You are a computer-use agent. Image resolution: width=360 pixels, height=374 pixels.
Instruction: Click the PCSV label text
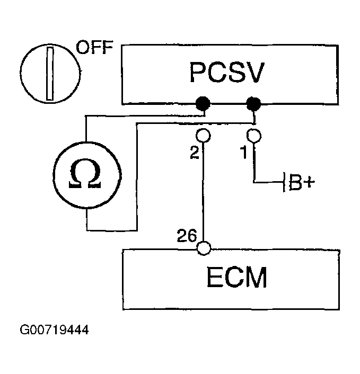pos(227,73)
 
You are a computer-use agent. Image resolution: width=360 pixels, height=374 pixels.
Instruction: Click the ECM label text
pos(236,278)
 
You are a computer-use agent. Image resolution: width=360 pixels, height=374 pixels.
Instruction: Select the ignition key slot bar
pos(50,74)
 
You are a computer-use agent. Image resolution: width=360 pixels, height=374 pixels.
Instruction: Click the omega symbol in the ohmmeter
pos(85,173)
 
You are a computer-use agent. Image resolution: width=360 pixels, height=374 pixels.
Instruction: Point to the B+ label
pos(302,183)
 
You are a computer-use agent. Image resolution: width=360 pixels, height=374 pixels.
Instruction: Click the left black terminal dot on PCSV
pos(203,104)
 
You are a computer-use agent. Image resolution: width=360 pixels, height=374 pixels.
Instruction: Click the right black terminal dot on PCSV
pos(253,104)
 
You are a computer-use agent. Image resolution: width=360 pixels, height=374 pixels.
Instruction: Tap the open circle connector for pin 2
pos(203,136)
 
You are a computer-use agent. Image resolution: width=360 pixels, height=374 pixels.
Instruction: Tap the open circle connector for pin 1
pos(254,136)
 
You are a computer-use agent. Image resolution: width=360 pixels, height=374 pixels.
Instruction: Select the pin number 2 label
pos(195,153)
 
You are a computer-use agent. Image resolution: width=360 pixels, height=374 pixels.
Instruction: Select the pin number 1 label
pos(244,153)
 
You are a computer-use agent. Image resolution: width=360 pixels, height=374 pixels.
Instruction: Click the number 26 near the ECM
pos(187,236)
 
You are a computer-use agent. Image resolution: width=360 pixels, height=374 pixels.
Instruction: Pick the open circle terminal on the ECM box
pos(204,248)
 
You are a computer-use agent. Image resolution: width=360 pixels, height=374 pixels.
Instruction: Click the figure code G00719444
pos(54,330)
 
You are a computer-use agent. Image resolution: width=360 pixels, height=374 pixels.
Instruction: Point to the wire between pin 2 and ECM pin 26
pos(203,192)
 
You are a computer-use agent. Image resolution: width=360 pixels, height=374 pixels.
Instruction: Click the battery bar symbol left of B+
pos(284,182)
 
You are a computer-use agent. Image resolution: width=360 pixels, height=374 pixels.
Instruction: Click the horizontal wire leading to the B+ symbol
pos(268,182)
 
